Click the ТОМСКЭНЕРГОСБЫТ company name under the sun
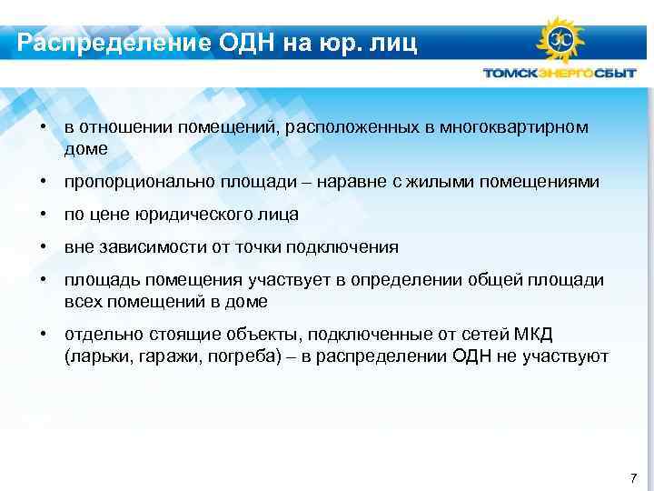[x=560, y=74]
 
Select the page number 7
[x=633, y=477]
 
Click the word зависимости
[x=145, y=247]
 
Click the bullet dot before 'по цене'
[x=43, y=215]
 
